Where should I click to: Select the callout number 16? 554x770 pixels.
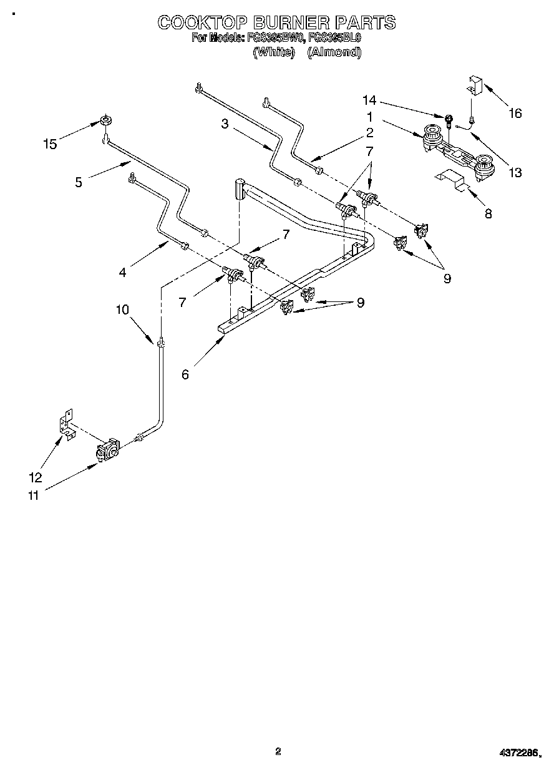click(x=515, y=113)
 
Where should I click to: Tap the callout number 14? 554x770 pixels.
click(x=369, y=100)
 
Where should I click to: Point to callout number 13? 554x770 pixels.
click(x=515, y=173)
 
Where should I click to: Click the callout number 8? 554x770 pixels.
click(x=488, y=214)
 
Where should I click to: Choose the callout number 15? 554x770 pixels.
click(x=50, y=144)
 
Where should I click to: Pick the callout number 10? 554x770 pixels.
click(x=122, y=309)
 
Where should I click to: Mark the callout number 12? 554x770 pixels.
click(x=36, y=477)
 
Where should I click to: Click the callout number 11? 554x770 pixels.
click(x=32, y=495)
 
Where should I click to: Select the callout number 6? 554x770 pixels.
click(x=185, y=374)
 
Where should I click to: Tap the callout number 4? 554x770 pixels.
click(x=123, y=271)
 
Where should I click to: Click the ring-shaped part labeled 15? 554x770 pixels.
click(x=106, y=120)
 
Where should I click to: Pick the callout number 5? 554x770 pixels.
click(x=78, y=182)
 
